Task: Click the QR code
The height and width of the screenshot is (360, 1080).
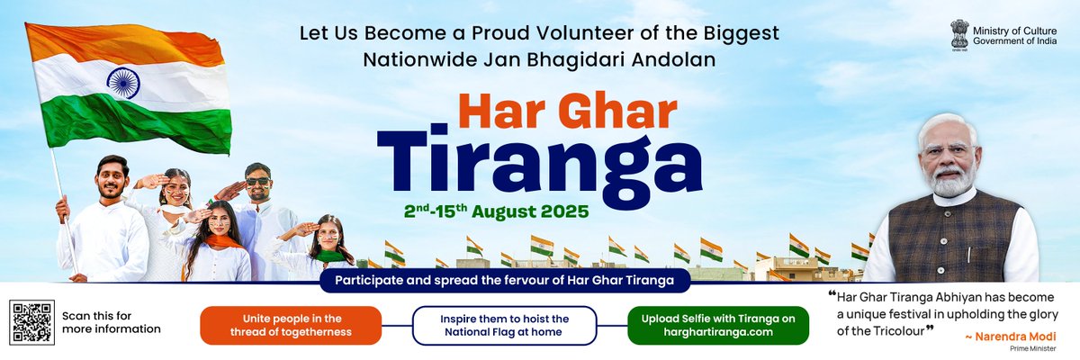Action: coord(30,321)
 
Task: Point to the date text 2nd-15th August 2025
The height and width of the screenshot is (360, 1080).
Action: coord(496,213)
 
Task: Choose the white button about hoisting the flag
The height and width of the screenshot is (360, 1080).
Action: coord(504,325)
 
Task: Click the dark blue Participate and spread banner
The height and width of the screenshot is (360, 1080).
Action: coord(505,280)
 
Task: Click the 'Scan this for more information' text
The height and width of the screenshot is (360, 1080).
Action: coord(111,322)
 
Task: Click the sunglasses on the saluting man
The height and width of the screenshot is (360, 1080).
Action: coord(257,181)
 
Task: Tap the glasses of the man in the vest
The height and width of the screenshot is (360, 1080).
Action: coord(947,149)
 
